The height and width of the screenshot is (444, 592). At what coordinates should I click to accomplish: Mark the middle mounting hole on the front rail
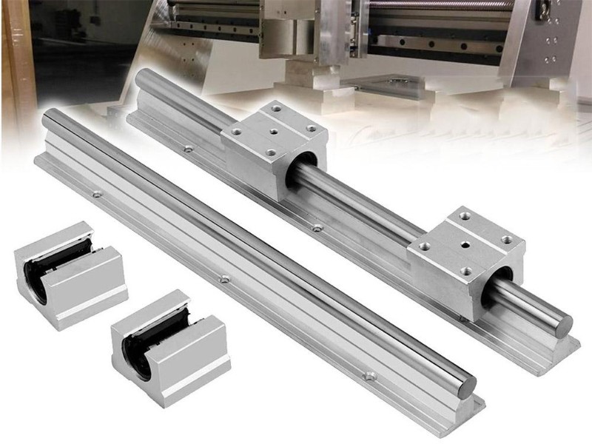click(x=225, y=280)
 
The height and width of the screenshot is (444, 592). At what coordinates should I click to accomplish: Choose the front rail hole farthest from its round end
click(x=96, y=195)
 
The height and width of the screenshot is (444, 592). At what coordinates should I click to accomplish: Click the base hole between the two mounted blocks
click(x=317, y=227)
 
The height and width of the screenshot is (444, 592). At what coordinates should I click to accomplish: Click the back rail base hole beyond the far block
click(x=189, y=149)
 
